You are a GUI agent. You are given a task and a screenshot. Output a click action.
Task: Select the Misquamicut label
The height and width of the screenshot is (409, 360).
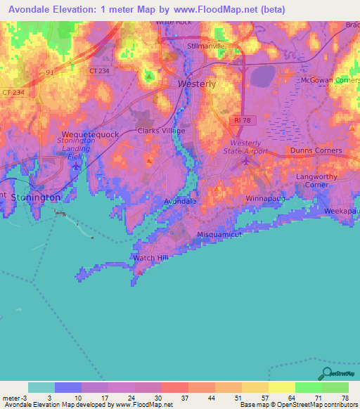click(x=219, y=234)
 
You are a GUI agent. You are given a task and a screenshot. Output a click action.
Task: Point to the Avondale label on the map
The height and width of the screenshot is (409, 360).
click(x=179, y=201)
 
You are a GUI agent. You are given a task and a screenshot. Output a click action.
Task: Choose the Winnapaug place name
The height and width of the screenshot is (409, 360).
click(x=264, y=199)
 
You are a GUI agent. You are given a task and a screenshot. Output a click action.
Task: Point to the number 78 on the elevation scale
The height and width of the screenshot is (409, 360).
click(x=345, y=397)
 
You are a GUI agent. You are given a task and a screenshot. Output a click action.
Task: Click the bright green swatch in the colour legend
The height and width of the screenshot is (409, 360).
click(x=308, y=387)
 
